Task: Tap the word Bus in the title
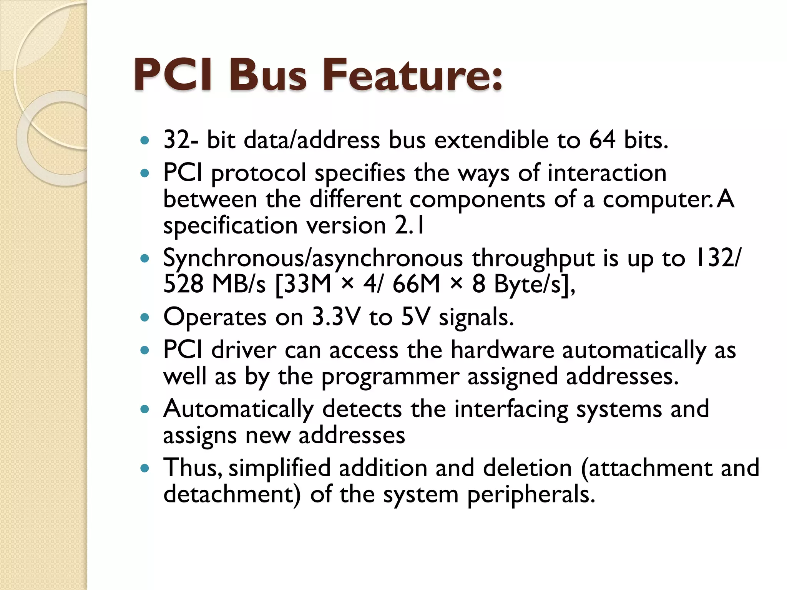[x=268, y=75]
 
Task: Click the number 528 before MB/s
[x=183, y=285]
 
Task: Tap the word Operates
[x=215, y=317]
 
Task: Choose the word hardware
[x=502, y=350]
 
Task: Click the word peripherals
[x=531, y=494]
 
